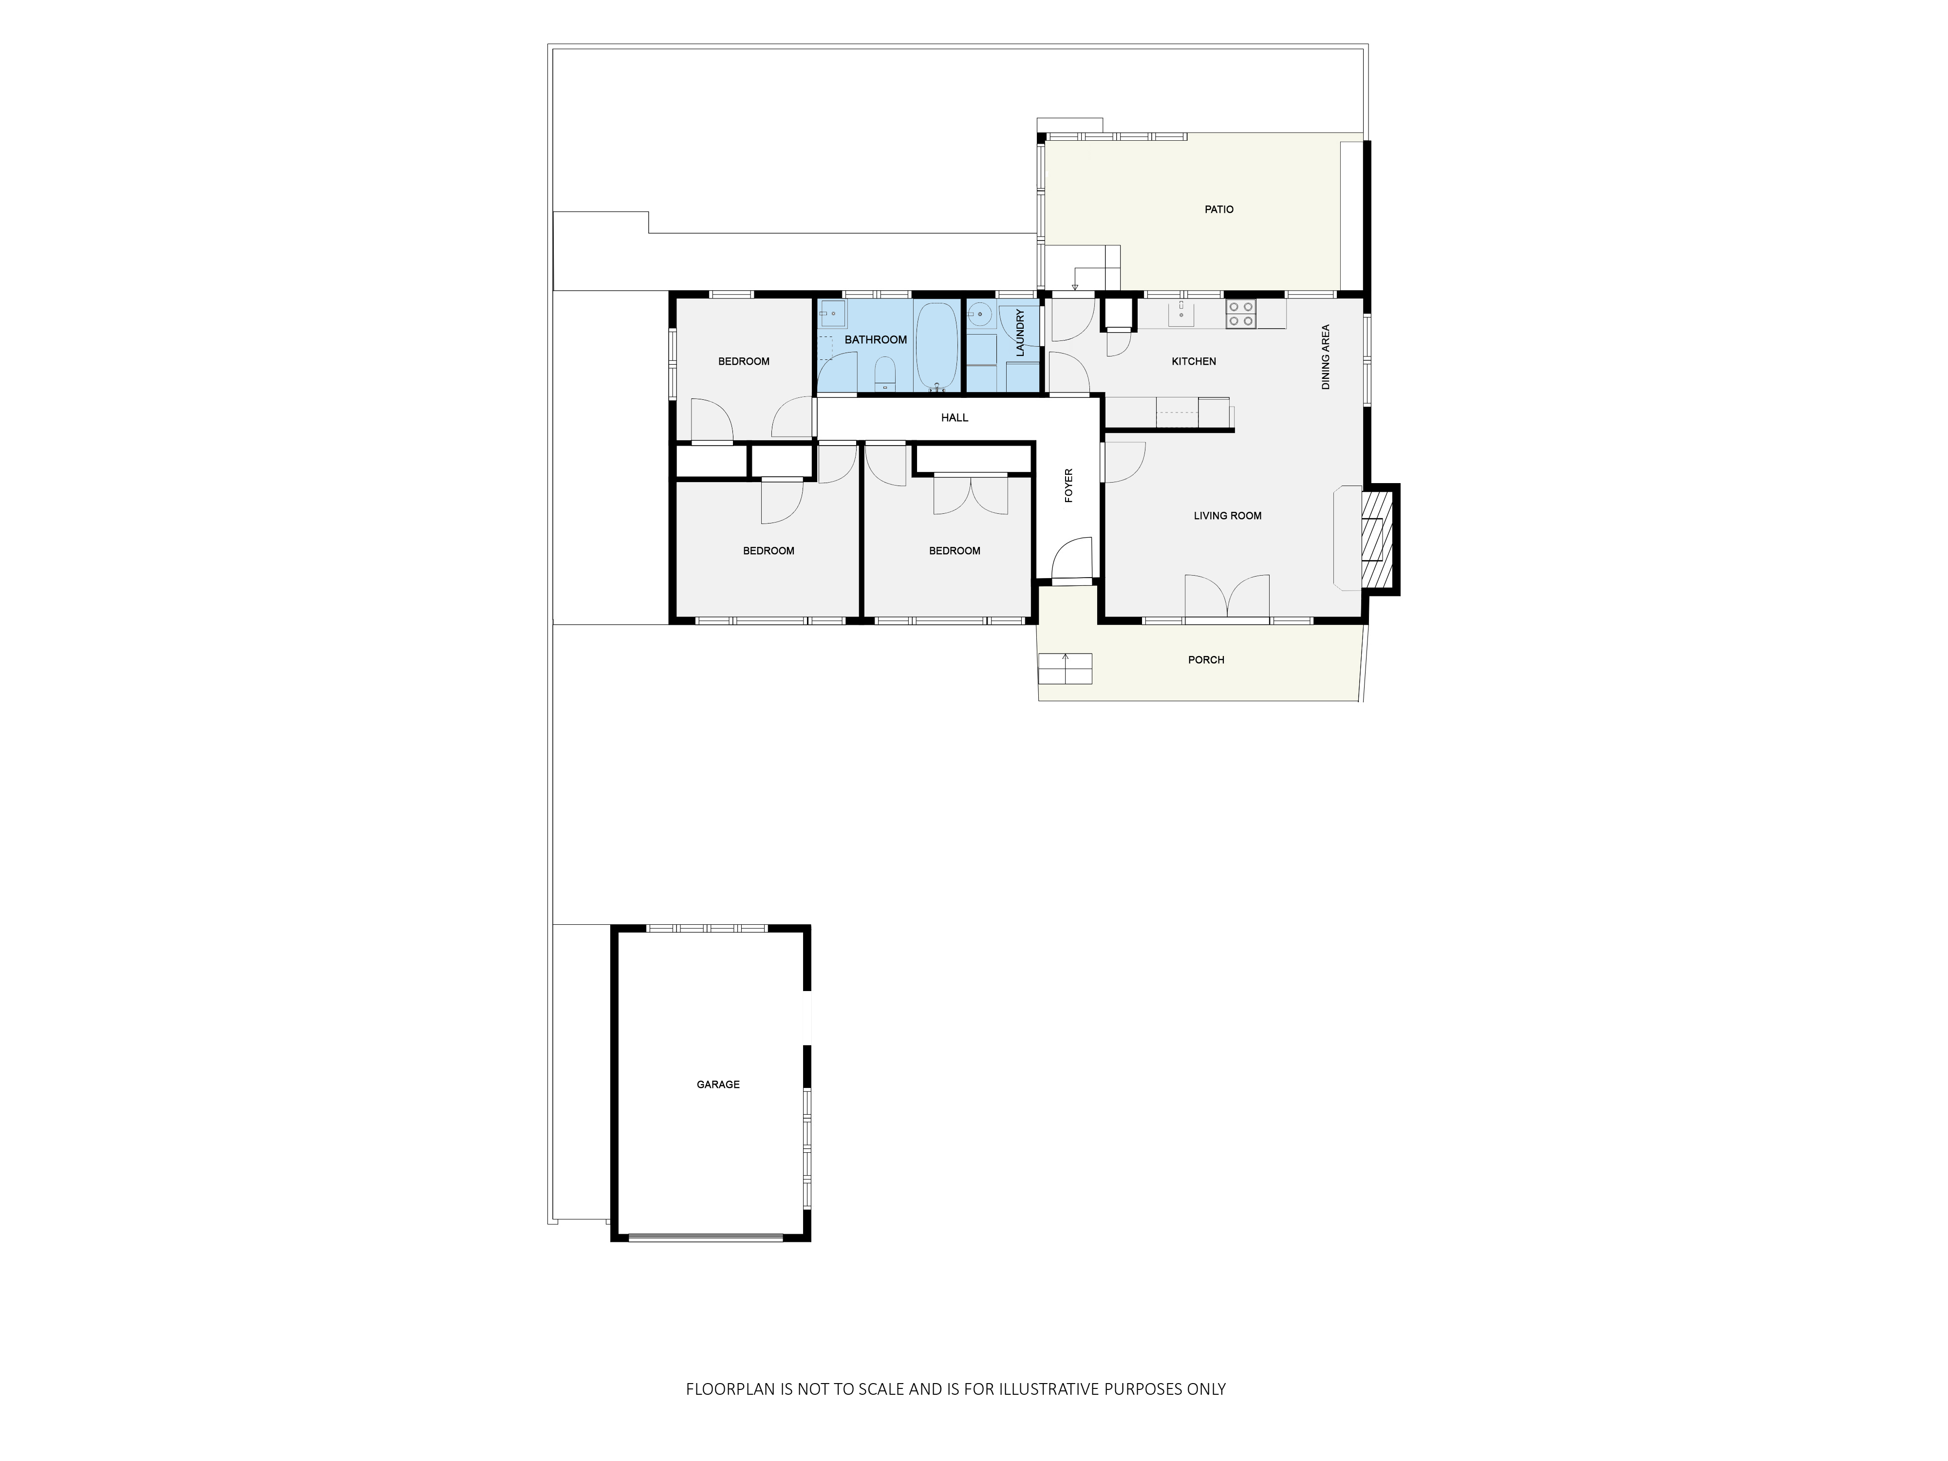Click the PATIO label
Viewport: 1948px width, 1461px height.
pyautogui.click(x=1219, y=209)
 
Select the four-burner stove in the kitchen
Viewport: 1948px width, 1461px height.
pyautogui.click(x=1241, y=315)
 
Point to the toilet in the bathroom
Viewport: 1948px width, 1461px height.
pyautogui.click(x=885, y=375)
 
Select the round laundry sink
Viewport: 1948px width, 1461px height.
pyautogui.click(x=981, y=315)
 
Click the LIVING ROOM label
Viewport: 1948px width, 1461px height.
pyautogui.click(x=1228, y=516)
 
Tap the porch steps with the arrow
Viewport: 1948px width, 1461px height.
pyautogui.click(x=1066, y=669)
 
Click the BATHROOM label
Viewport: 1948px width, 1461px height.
pyautogui.click(x=875, y=340)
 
